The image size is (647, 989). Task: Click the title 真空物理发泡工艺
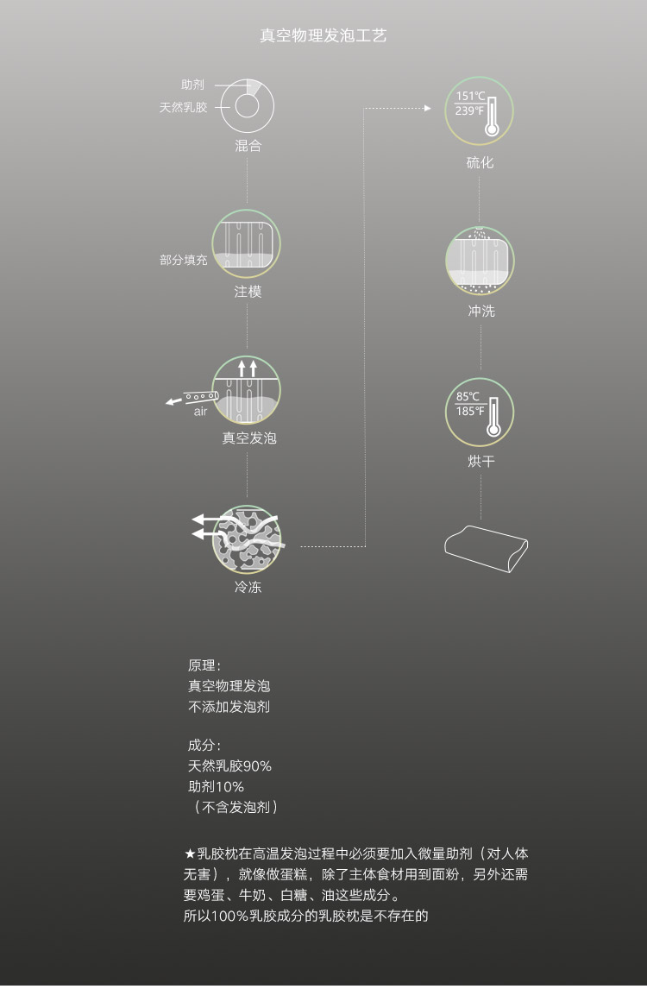coord(323,35)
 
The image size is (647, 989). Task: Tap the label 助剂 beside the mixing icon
coord(192,85)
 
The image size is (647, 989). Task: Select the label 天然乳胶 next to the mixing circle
coord(183,107)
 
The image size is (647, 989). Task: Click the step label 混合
coord(248,146)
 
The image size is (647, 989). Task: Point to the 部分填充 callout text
coord(184,259)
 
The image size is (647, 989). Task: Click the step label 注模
coord(248,292)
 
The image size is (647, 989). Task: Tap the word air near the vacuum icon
coord(200,412)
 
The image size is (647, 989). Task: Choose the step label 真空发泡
coord(249,438)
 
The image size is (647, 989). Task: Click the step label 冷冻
coord(248,587)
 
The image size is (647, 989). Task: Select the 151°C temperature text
coord(470,96)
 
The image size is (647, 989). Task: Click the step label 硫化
coord(480,163)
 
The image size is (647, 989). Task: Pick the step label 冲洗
coord(481,311)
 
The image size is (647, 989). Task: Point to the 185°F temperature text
coord(470,412)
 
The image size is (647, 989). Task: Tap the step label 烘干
coord(481,461)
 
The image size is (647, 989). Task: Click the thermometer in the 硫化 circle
coord(492,117)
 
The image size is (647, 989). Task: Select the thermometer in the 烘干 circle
coord(493,417)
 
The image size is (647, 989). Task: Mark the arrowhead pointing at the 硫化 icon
coord(428,109)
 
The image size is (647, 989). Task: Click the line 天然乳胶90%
coord(229,765)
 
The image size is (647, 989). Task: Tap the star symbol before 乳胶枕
coord(190,854)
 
